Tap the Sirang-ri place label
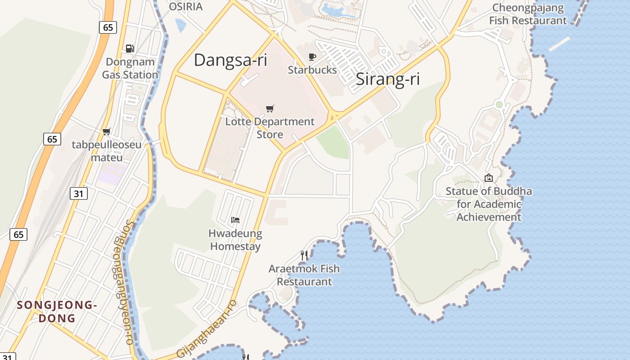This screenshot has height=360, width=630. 387,79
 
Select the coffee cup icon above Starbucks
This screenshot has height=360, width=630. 312,57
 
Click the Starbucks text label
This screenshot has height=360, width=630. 312,70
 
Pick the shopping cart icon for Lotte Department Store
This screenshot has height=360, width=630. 270,108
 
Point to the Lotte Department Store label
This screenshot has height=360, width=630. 270,128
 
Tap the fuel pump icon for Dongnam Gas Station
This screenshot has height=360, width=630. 130,49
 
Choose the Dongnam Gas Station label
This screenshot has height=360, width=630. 130,68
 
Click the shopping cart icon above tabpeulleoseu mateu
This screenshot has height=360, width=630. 107,131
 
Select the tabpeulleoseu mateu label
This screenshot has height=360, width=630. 107,151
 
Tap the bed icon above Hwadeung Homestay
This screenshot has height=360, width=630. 235,220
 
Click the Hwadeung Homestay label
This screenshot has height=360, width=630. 235,240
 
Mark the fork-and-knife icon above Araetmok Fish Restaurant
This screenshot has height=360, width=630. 304,256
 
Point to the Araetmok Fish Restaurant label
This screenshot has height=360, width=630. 304,275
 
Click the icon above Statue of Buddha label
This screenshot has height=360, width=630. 488,178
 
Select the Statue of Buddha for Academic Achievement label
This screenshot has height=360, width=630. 489,204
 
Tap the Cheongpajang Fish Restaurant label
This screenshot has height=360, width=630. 528,14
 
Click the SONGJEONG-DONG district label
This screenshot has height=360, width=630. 57,311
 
